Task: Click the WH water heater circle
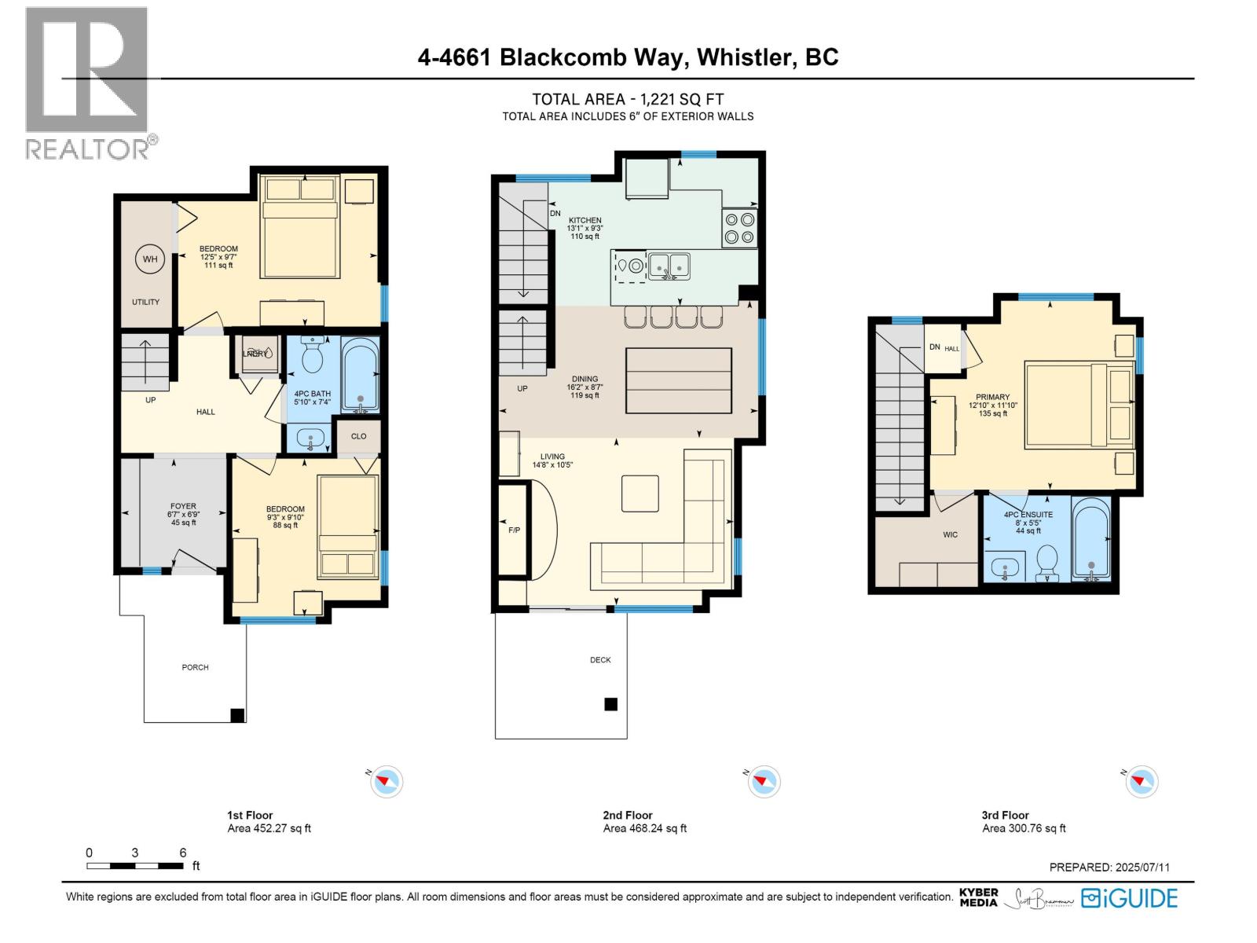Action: tap(150, 259)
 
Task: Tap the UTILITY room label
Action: tap(145, 302)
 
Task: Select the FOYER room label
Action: tap(183, 507)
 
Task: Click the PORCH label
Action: tap(195, 667)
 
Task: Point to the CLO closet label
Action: tap(358, 436)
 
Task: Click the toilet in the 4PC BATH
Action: tap(313, 358)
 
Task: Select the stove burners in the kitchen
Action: tap(739, 229)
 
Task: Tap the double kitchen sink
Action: tap(669, 266)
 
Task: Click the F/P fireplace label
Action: tap(514, 530)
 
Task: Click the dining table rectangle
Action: tap(679, 380)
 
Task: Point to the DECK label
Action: tap(600, 660)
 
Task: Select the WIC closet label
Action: tap(951, 535)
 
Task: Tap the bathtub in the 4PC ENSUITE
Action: tap(1091, 539)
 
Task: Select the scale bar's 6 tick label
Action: tap(183, 853)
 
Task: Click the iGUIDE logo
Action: tap(1129, 898)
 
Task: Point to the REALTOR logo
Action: tap(86, 83)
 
